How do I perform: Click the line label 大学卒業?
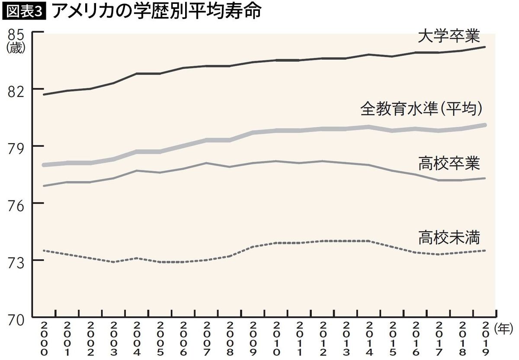(449, 36)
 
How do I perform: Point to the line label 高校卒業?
(449, 164)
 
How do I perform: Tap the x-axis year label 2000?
(44, 339)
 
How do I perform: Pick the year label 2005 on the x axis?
(160, 339)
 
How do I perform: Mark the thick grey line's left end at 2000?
(44, 165)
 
